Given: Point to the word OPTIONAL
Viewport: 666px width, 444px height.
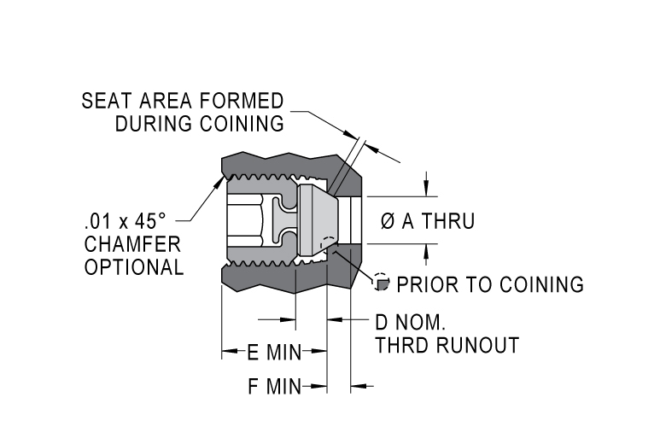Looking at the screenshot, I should point(134,266).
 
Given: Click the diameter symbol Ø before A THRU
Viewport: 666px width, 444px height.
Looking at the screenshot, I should point(387,221).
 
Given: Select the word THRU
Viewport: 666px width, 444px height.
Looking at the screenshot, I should point(447,221).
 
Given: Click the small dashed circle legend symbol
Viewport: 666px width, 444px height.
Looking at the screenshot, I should point(382,283).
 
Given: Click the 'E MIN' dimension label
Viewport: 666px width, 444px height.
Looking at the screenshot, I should point(273,352).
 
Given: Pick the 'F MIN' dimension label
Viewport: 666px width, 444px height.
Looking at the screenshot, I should point(274,387).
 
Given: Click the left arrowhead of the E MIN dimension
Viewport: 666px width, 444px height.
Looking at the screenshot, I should point(228,351).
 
